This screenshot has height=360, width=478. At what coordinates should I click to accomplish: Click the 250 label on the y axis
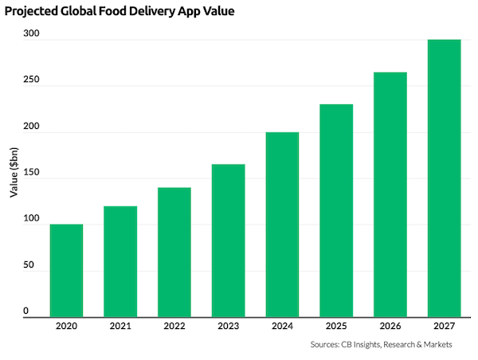29,80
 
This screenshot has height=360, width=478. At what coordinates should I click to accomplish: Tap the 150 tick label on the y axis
29,173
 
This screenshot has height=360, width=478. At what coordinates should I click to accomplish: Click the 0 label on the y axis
25,311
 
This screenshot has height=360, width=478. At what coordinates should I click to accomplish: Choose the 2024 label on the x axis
282,325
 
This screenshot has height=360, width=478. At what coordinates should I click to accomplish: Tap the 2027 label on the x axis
444,325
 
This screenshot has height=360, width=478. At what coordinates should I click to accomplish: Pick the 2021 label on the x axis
120,325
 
